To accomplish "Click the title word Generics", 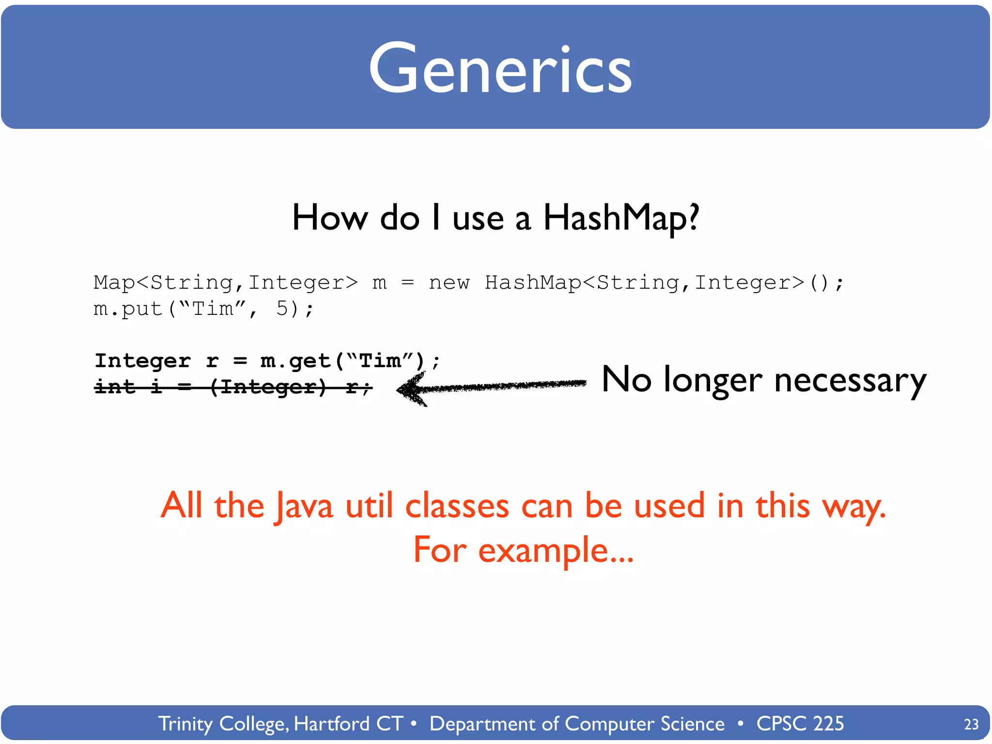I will (x=500, y=69).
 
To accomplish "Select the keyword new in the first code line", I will (x=449, y=282).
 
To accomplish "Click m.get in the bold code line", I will (x=295, y=361).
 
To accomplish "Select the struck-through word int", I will (x=114, y=387).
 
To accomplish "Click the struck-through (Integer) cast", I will (x=268, y=387).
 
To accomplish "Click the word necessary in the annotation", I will (x=850, y=381).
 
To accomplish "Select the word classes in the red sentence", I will (x=457, y=506).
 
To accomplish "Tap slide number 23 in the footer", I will (x=971, y=724).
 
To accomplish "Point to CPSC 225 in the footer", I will (x=800, y=724).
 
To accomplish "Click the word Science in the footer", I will (x=692, y=724).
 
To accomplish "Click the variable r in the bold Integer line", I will (x=212, y=361).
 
